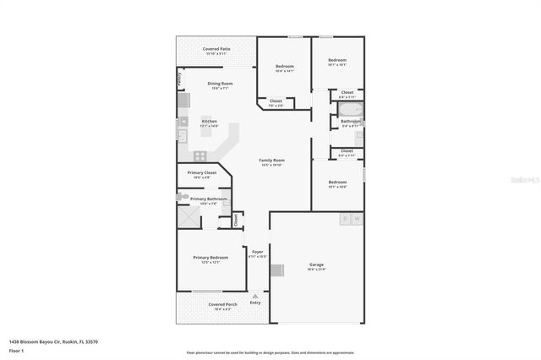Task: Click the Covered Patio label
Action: pos(216,49)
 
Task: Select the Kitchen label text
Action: pos(209,121)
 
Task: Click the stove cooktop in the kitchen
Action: pos(200,155)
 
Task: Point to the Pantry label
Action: pos(179,78)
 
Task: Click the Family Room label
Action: pos(271,160)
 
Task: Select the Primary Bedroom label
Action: pos(210,257)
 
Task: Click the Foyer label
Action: pos(258,252)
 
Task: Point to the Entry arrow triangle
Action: pos(255,295)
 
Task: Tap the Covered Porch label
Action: pos(222,304)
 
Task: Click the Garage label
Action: pos(316,265)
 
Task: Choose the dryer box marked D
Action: pos(345,218)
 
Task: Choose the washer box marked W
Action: pos(357,218)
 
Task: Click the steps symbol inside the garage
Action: pos(276,271)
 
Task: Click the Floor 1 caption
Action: pos(16,350)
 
